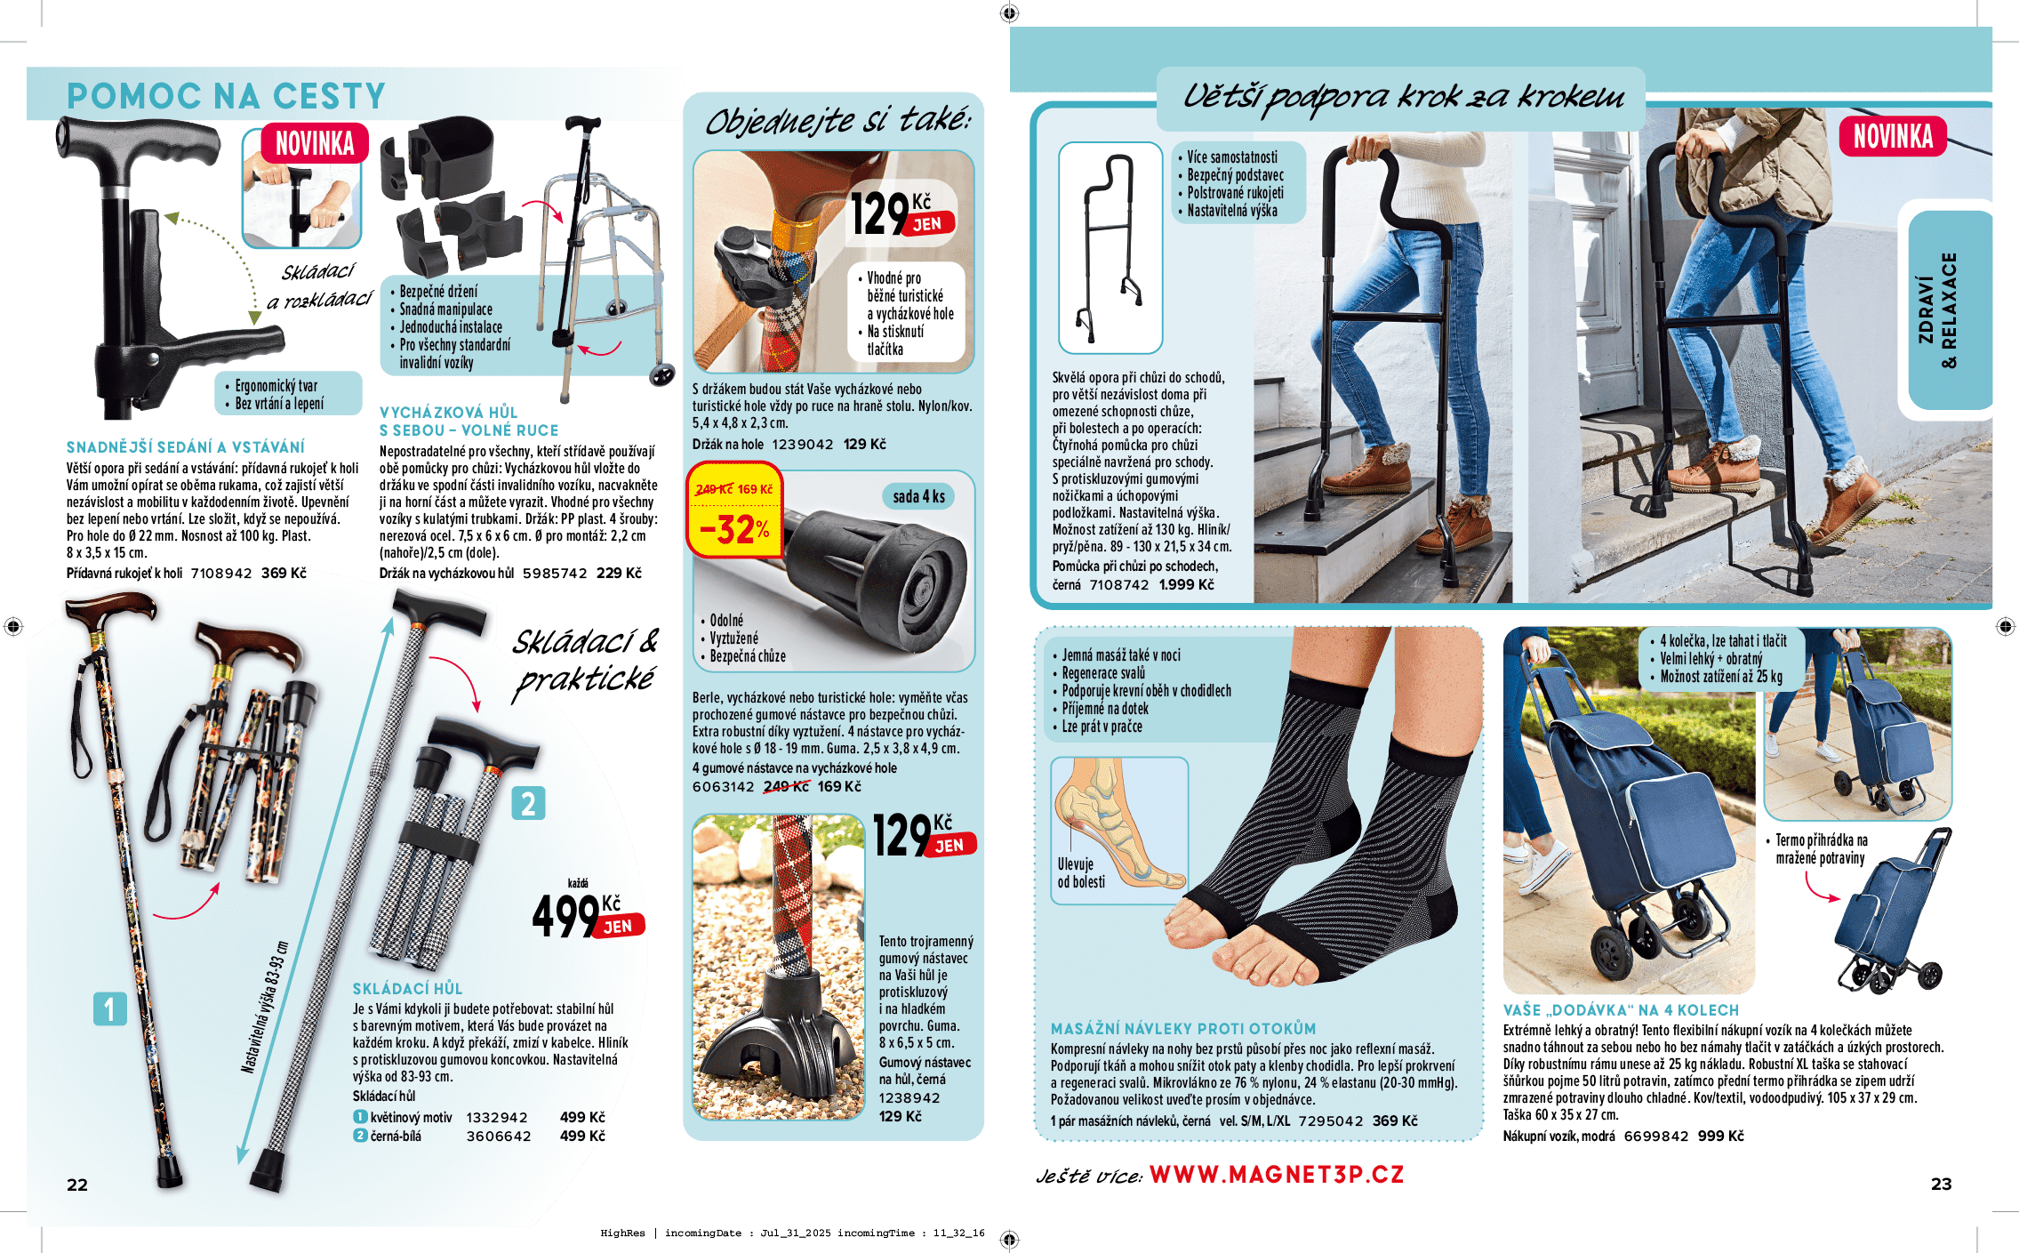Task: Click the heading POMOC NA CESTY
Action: pyautogui.click(x=226, y=96)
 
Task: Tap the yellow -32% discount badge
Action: pyautogui.click(x=734, y=510)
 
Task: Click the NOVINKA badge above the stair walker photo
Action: pyautogui.click(x=1893, y=137)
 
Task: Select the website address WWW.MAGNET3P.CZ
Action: pyautogui.click(x=1277, y=1175)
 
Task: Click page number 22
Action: pyautogui.click(x=77, y=1185)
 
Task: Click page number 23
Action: pyautogui.click(x=1942, y=1184)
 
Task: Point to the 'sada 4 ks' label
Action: pyautogui.click(x=919, y=496)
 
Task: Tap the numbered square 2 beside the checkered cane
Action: pyautogui.click(x=528, y=804)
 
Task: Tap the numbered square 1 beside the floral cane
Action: pyautogui.click(x=110, y=1009)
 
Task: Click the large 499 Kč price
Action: pyautogui.click(x=588, y=915)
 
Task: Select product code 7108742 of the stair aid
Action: pyautogui.click(x=1119, y=585)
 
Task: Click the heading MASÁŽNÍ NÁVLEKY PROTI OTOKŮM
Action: pyautogui.click(x=1183, y=1029)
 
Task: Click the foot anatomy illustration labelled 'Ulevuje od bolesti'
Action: pyautogui.click(x=1119, y=831)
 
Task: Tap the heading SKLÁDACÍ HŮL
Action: pyautogui.click(x=407, y=989)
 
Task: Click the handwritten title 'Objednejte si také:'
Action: pyautogui.click(x=837, y=121)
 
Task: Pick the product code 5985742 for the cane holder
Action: pyautogui.click(x=555, y=574)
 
